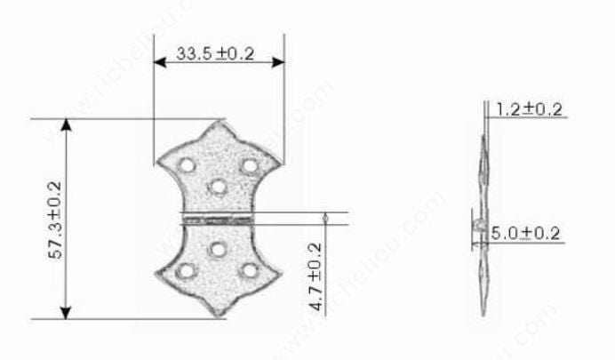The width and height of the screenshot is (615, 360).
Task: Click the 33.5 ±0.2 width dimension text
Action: tap(215, 54)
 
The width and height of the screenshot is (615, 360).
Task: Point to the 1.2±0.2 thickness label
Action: tap(529, 109)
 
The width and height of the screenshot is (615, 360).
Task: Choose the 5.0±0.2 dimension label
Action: tap(528, 234)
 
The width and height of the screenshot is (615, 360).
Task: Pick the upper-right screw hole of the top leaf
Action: tap(249, 165)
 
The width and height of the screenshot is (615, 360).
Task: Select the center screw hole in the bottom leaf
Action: tap(218, 249)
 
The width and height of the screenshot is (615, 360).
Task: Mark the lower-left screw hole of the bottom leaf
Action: tap(186, 269)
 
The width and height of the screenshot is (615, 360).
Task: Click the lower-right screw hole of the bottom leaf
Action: tap(250, 269)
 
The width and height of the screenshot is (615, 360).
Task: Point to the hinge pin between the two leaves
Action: tap(218, 217)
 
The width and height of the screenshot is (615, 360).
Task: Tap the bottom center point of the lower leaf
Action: tap(219, 316)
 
